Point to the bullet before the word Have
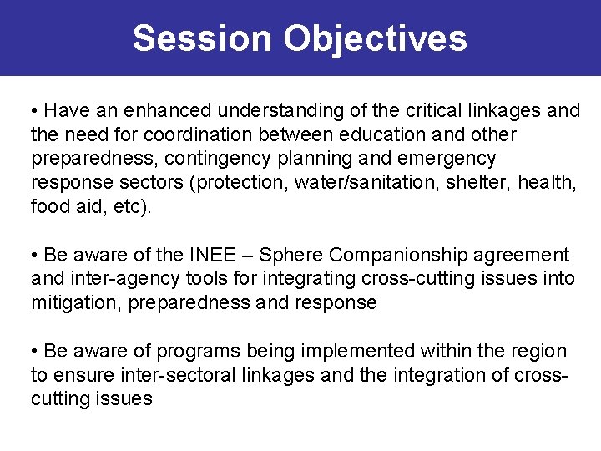[34, 111]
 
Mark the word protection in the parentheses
[242, 182]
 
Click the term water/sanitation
[360, 182]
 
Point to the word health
[548, 182]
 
